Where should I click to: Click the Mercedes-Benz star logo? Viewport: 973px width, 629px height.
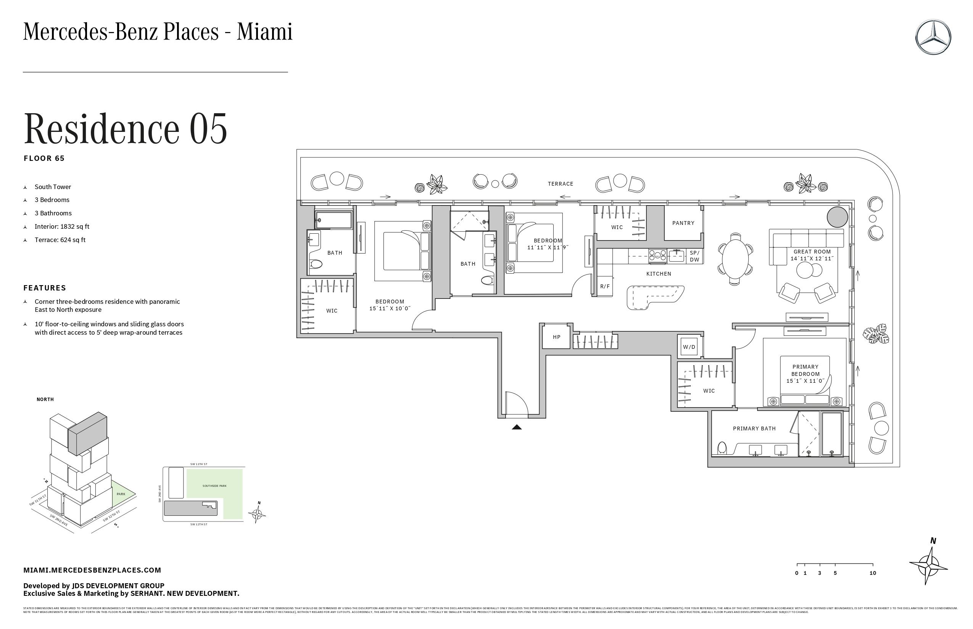click(x=933, y=37)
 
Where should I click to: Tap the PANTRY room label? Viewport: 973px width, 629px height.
click(x=683, y=223)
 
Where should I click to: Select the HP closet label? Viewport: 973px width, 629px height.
click(x=556, y=337)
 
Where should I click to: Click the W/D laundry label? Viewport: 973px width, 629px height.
click(x=689, y=347)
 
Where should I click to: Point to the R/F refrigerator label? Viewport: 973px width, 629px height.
click(x=605, y=286)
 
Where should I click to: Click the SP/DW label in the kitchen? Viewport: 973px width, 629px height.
click(x=694, y=256)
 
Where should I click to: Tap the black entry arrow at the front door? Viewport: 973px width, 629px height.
click(x=517, y=427)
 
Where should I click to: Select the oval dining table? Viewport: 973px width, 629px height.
click(x=736, y=259)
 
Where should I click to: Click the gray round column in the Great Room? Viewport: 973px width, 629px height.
click(x=837, y=217)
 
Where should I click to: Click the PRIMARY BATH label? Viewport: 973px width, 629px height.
click(x=754, y=428)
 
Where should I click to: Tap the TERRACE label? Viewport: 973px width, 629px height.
click(x=561, y=184)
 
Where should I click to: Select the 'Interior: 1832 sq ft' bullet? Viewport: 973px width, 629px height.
click(x=61, y=226)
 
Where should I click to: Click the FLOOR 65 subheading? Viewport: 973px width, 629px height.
click(x=44, y=159)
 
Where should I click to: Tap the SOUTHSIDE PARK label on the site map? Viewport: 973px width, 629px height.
click(x=214, y=486)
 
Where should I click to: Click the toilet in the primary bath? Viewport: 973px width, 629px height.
click(x=722, y=448)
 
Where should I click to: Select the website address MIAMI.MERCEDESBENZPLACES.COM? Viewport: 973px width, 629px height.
click(x=92, y=570)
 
